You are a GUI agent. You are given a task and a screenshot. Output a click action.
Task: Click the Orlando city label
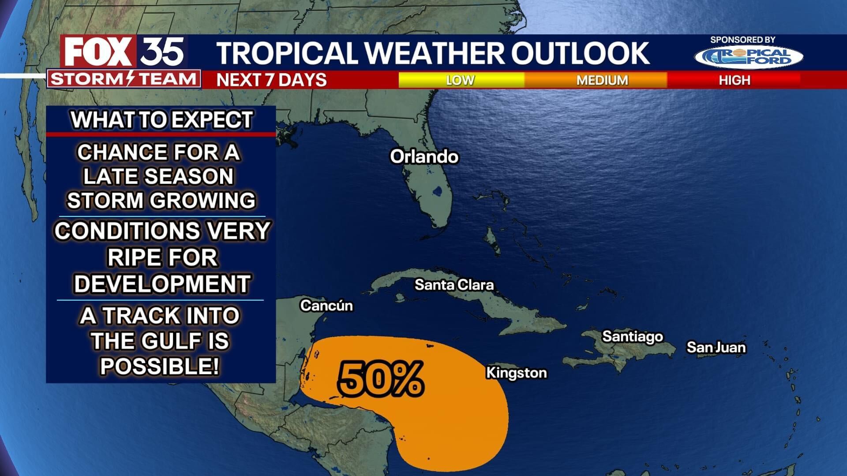[424, 157]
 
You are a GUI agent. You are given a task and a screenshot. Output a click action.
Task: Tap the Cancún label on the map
[326, 305]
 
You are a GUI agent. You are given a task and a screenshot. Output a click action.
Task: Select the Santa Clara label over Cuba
[454, 285]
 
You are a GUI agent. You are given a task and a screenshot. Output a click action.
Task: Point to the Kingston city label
[516, 373]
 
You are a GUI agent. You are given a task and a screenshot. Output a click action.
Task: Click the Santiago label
[633, 337]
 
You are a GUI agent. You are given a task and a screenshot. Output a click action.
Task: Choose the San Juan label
[716, 348]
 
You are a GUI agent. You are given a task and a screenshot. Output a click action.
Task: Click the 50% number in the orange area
[380, 378]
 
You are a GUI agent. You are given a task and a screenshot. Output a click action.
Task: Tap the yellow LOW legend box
[461, 80]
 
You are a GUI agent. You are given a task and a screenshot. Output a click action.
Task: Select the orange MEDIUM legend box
[602, 80]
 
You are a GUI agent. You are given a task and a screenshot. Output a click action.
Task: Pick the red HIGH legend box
[734, 80]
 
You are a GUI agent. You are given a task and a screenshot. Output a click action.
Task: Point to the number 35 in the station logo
[162, 52]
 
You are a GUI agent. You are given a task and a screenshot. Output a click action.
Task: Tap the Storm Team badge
[124, 79]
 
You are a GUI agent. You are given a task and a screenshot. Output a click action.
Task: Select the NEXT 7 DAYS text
[271, 80]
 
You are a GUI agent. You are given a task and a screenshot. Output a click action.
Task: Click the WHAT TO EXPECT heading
[161, 120]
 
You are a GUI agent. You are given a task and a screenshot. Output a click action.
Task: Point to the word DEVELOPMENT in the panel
[162, 283]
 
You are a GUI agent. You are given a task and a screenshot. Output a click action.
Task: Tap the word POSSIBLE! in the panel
[160, 366]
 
